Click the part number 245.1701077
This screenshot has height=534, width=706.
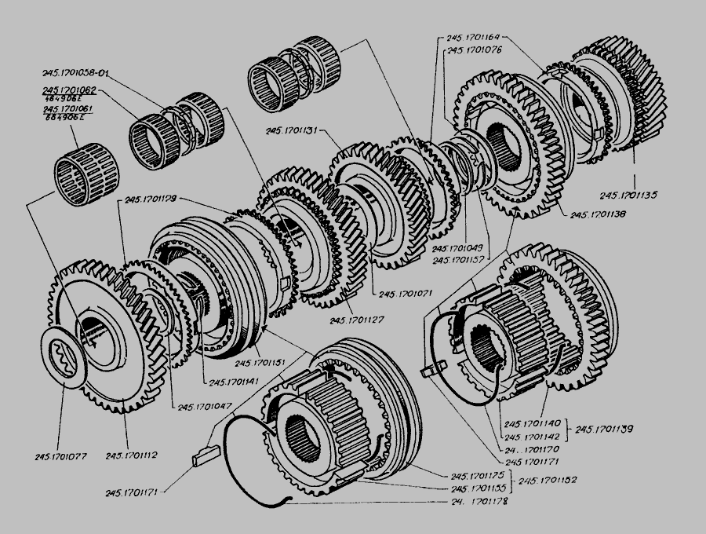tap(60, 455)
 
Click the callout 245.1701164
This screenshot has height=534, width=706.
tap(473, 37)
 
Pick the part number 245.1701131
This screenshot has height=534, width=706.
tap(292, 132)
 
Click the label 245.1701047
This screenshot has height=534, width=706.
tap(205, 406)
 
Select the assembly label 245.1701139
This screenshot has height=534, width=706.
tap(604, 429)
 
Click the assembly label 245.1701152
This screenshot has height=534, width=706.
tap(546, 481)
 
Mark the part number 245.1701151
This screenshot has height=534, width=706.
tap(261, 363)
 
